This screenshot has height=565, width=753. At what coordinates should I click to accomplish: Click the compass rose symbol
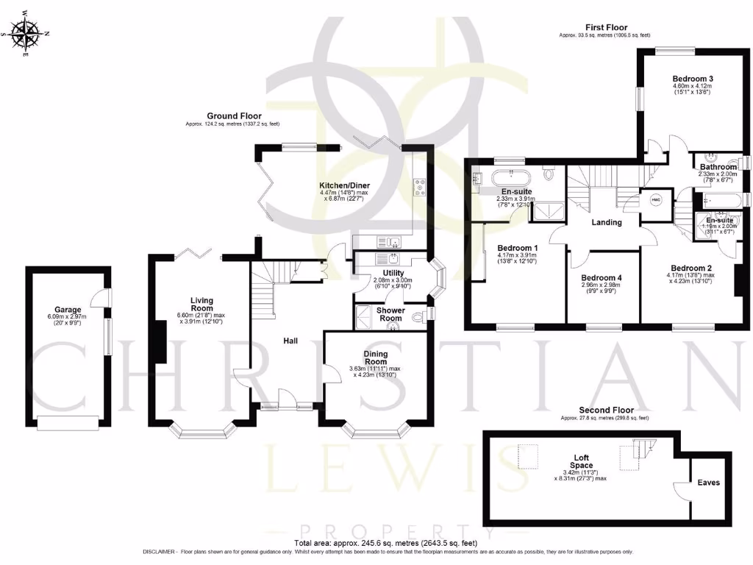(x=27, y=33)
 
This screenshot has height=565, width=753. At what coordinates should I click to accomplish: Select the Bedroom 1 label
(x=518, y=248)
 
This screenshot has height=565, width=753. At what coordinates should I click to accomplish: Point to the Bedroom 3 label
(x=692, y=78)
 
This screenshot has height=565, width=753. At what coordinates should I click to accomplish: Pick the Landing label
(x=607, y=222)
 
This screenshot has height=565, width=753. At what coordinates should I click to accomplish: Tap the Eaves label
(x=709, y=483)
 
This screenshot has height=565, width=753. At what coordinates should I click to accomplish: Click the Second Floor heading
(x=606, y=411)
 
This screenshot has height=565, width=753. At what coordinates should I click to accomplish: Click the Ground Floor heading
(x=232, y=116)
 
